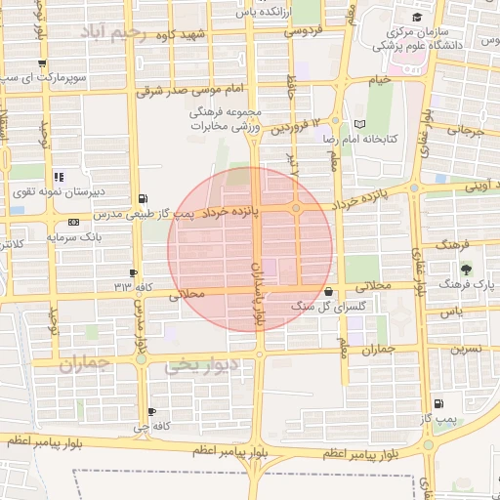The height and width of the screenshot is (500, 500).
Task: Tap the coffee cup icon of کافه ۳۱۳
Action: click(134, 272)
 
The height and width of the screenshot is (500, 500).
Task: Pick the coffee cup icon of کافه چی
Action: click(151, 412)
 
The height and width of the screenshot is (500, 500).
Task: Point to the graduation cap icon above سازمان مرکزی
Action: click(417, 18)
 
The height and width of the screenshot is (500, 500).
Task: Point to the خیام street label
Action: click(378, 78)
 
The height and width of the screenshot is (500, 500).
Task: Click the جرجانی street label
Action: click(466, 129)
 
